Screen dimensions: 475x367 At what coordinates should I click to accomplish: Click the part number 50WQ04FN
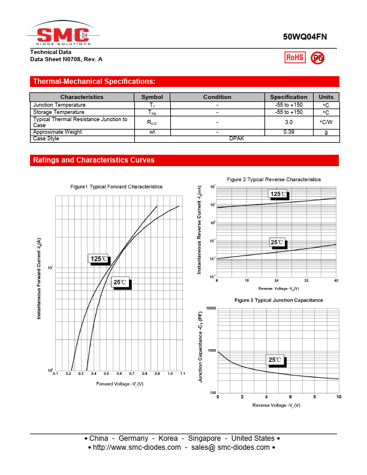pos(305,37)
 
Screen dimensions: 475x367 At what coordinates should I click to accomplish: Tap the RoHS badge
pos(294,57)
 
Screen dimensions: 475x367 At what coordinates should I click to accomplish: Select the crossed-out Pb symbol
pos(318,57)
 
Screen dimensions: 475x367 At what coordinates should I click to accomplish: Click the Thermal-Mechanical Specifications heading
pos(94,82)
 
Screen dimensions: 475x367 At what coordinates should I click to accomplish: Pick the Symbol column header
pos(152,97)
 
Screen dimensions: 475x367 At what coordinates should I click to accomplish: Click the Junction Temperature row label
pos(59,105)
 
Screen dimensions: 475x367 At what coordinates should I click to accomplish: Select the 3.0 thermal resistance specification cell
pos(288,122)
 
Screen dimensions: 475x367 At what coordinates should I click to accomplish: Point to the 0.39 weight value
pos(288,132)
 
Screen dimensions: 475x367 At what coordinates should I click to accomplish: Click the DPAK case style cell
pos(237,139)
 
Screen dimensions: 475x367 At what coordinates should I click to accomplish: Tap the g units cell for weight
pos(326,132)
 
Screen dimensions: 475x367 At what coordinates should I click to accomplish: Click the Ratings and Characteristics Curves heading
pos(94,160)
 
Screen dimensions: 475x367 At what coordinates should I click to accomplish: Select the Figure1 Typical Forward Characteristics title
pos(116,187)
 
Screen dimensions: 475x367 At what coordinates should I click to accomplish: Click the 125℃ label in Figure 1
pos(100,258)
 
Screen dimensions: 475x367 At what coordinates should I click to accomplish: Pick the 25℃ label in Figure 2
pos(277,242)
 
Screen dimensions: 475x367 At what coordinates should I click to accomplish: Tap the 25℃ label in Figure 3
pos(276,360)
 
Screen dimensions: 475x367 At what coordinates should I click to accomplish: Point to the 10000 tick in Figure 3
pos(210,308)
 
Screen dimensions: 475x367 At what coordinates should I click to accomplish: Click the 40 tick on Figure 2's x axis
pos(336,280)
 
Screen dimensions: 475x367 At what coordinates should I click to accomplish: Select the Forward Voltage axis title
pos(119,383)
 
